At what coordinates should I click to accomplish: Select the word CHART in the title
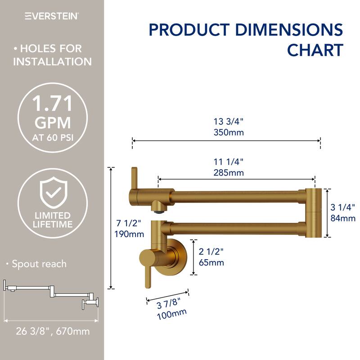315,50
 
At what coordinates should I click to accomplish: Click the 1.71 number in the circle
52,105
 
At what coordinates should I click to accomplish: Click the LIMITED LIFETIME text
52,220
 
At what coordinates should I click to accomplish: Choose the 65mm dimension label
211,263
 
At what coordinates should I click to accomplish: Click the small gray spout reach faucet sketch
51,295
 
